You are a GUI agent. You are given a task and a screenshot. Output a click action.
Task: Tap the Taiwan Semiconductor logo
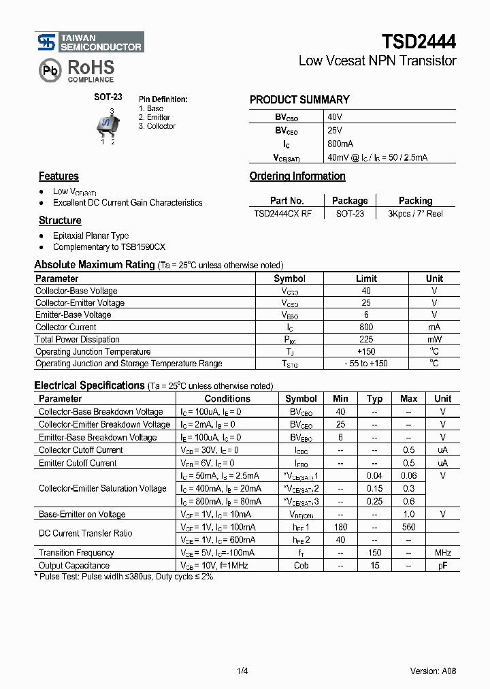point(90,42)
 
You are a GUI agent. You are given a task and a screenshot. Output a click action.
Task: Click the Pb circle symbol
point(49,70)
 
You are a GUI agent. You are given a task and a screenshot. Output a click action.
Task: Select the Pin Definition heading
point(163,99)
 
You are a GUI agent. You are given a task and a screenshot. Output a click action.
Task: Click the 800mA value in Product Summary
point(340,144)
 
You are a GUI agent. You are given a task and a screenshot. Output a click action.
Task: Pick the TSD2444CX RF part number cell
point(283,214)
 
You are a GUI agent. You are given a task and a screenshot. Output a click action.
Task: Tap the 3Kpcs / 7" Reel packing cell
point(415,214)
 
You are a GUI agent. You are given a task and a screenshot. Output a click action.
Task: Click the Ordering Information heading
point(297,176)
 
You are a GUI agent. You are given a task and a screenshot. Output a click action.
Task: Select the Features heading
point(59,176)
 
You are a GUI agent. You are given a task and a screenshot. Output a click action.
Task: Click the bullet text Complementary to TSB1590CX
point(109,247)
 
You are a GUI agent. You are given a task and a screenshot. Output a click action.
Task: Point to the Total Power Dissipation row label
point(78,340)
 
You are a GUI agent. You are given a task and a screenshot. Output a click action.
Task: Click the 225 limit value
point(366,340)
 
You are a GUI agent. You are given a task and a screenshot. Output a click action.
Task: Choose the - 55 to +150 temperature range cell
point(366,364)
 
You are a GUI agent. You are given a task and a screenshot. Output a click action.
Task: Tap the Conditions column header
point(227,399)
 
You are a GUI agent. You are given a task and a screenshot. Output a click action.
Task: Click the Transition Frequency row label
point(76,553)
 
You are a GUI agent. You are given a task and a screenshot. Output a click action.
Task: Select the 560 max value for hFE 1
point(408,527)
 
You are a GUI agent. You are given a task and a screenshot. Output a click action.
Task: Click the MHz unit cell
point(443,553)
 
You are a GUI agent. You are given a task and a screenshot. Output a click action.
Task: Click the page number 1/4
point(243,671)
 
